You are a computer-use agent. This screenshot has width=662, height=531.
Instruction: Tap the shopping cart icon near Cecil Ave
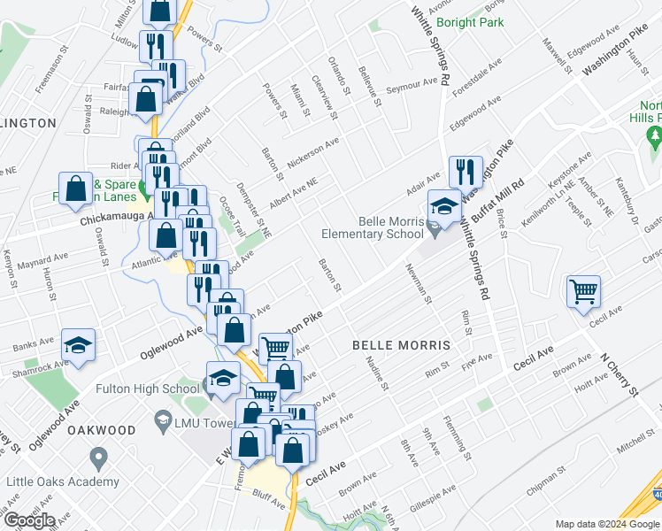pyautogui.click(x=584, y=291)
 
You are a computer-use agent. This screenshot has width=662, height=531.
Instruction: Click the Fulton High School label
pyautogui.click(x=158, y=388)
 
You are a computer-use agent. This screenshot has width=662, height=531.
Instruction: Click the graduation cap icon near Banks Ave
pyautogui.click(x=78, y=348)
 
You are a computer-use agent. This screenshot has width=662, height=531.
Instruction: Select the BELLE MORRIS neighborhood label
pyautogui.click(x=401, y=343)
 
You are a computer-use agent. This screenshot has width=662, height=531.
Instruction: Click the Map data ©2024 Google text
pyautogui.click(x=605, y=524)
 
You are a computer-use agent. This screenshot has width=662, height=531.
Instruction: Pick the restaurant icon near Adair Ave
pyautogui.click(x=466, y=172)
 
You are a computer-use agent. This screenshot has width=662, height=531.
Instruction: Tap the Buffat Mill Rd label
pyautogui.click(x=497, y=200)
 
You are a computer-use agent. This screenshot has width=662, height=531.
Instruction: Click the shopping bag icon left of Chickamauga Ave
pyautogui.click(x=76, y=189)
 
